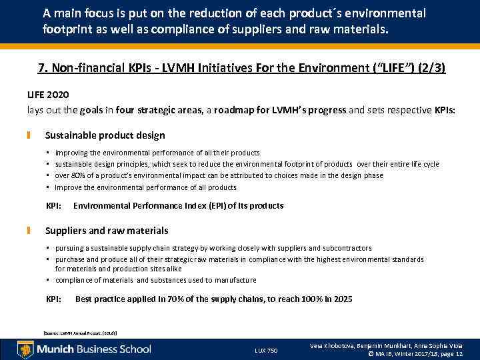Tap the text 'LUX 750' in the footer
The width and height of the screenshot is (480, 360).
pos(266,351)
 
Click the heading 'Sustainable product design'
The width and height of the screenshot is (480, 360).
pos(105,135)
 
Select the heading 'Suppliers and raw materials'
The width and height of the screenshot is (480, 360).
pos(106,231)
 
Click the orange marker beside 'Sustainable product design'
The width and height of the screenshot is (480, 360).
pos(29,135)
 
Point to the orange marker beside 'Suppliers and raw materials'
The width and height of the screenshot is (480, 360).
pos(29,231)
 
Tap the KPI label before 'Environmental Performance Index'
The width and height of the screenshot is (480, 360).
pos(54,205)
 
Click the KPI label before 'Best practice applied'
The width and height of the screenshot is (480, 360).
pos(54,299)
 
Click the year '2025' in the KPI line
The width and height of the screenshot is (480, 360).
pos(342,299)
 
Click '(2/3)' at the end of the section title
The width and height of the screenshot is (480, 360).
pos(431,68)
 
